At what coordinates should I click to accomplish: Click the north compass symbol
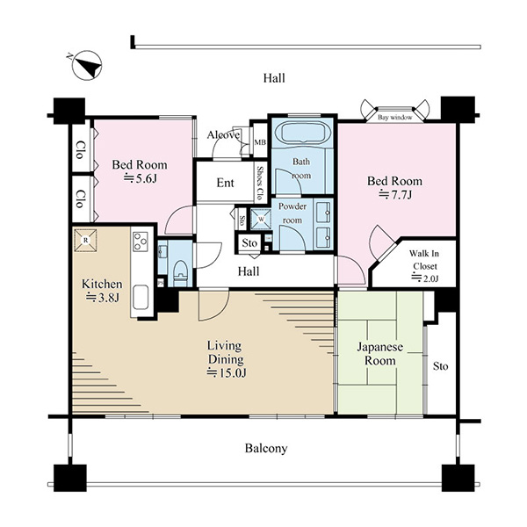(87, 65)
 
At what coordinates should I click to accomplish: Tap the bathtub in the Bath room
(302, 134)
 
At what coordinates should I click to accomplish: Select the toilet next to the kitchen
(180, 272)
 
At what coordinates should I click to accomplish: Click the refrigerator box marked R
(85, 240)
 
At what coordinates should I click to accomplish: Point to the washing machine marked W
(261, 220)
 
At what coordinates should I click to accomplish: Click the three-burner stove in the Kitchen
(141, 242)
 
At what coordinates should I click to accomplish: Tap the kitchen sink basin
(141, 297)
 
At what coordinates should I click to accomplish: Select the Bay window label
(395, 118)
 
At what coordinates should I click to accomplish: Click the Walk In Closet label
(424, 259)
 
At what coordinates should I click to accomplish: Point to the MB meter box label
(260, 142)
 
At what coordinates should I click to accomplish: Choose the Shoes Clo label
(260, 183)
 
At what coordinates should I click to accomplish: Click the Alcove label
(223, 135)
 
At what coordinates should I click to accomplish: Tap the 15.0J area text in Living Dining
(227, 372)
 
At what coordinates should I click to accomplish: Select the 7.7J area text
(395, 195)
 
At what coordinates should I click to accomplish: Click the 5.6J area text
(140, 178)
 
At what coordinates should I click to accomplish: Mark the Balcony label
(266, 448)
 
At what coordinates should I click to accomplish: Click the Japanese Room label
(379, 354)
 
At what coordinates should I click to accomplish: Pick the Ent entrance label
(225, 183)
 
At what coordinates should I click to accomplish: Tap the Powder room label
(292, 213)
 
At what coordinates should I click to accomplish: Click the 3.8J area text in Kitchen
(103, 298)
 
